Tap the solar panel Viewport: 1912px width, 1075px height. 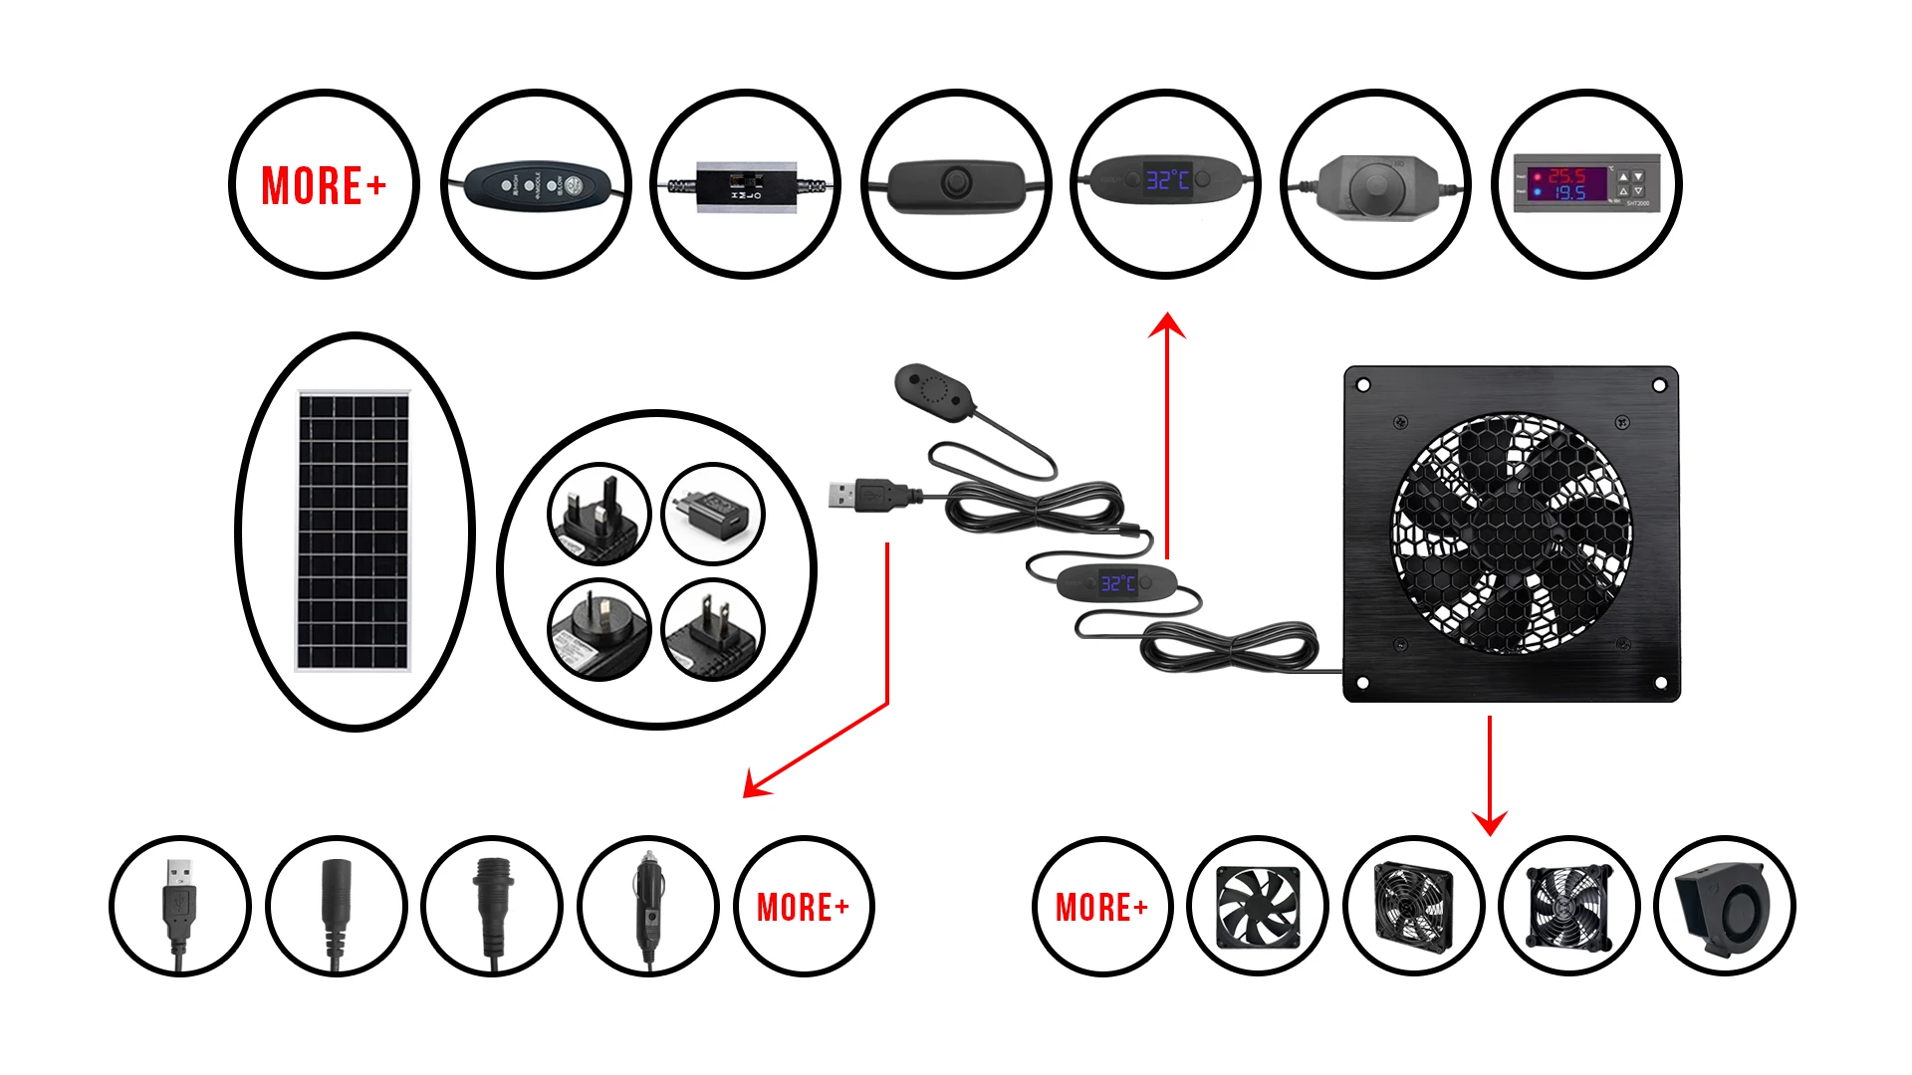(354, 531)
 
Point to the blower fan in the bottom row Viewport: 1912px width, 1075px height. (1724, 907)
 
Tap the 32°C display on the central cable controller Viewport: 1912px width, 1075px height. (1118, 582)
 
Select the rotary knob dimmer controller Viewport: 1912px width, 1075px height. (1375, 184)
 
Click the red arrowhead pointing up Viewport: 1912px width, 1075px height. (1166, 325)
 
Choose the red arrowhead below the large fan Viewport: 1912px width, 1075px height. (1490, 823)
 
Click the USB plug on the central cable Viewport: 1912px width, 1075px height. (854, 494)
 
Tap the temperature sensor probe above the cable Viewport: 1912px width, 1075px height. (932, 389)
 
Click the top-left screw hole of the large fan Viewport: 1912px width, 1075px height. (1364, 385)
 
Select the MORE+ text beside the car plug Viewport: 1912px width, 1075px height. (803, 907)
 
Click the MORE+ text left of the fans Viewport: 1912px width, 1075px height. (1101, 907)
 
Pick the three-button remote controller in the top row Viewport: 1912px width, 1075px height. (536, 184)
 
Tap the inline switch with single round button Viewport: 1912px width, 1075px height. (955, 182)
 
